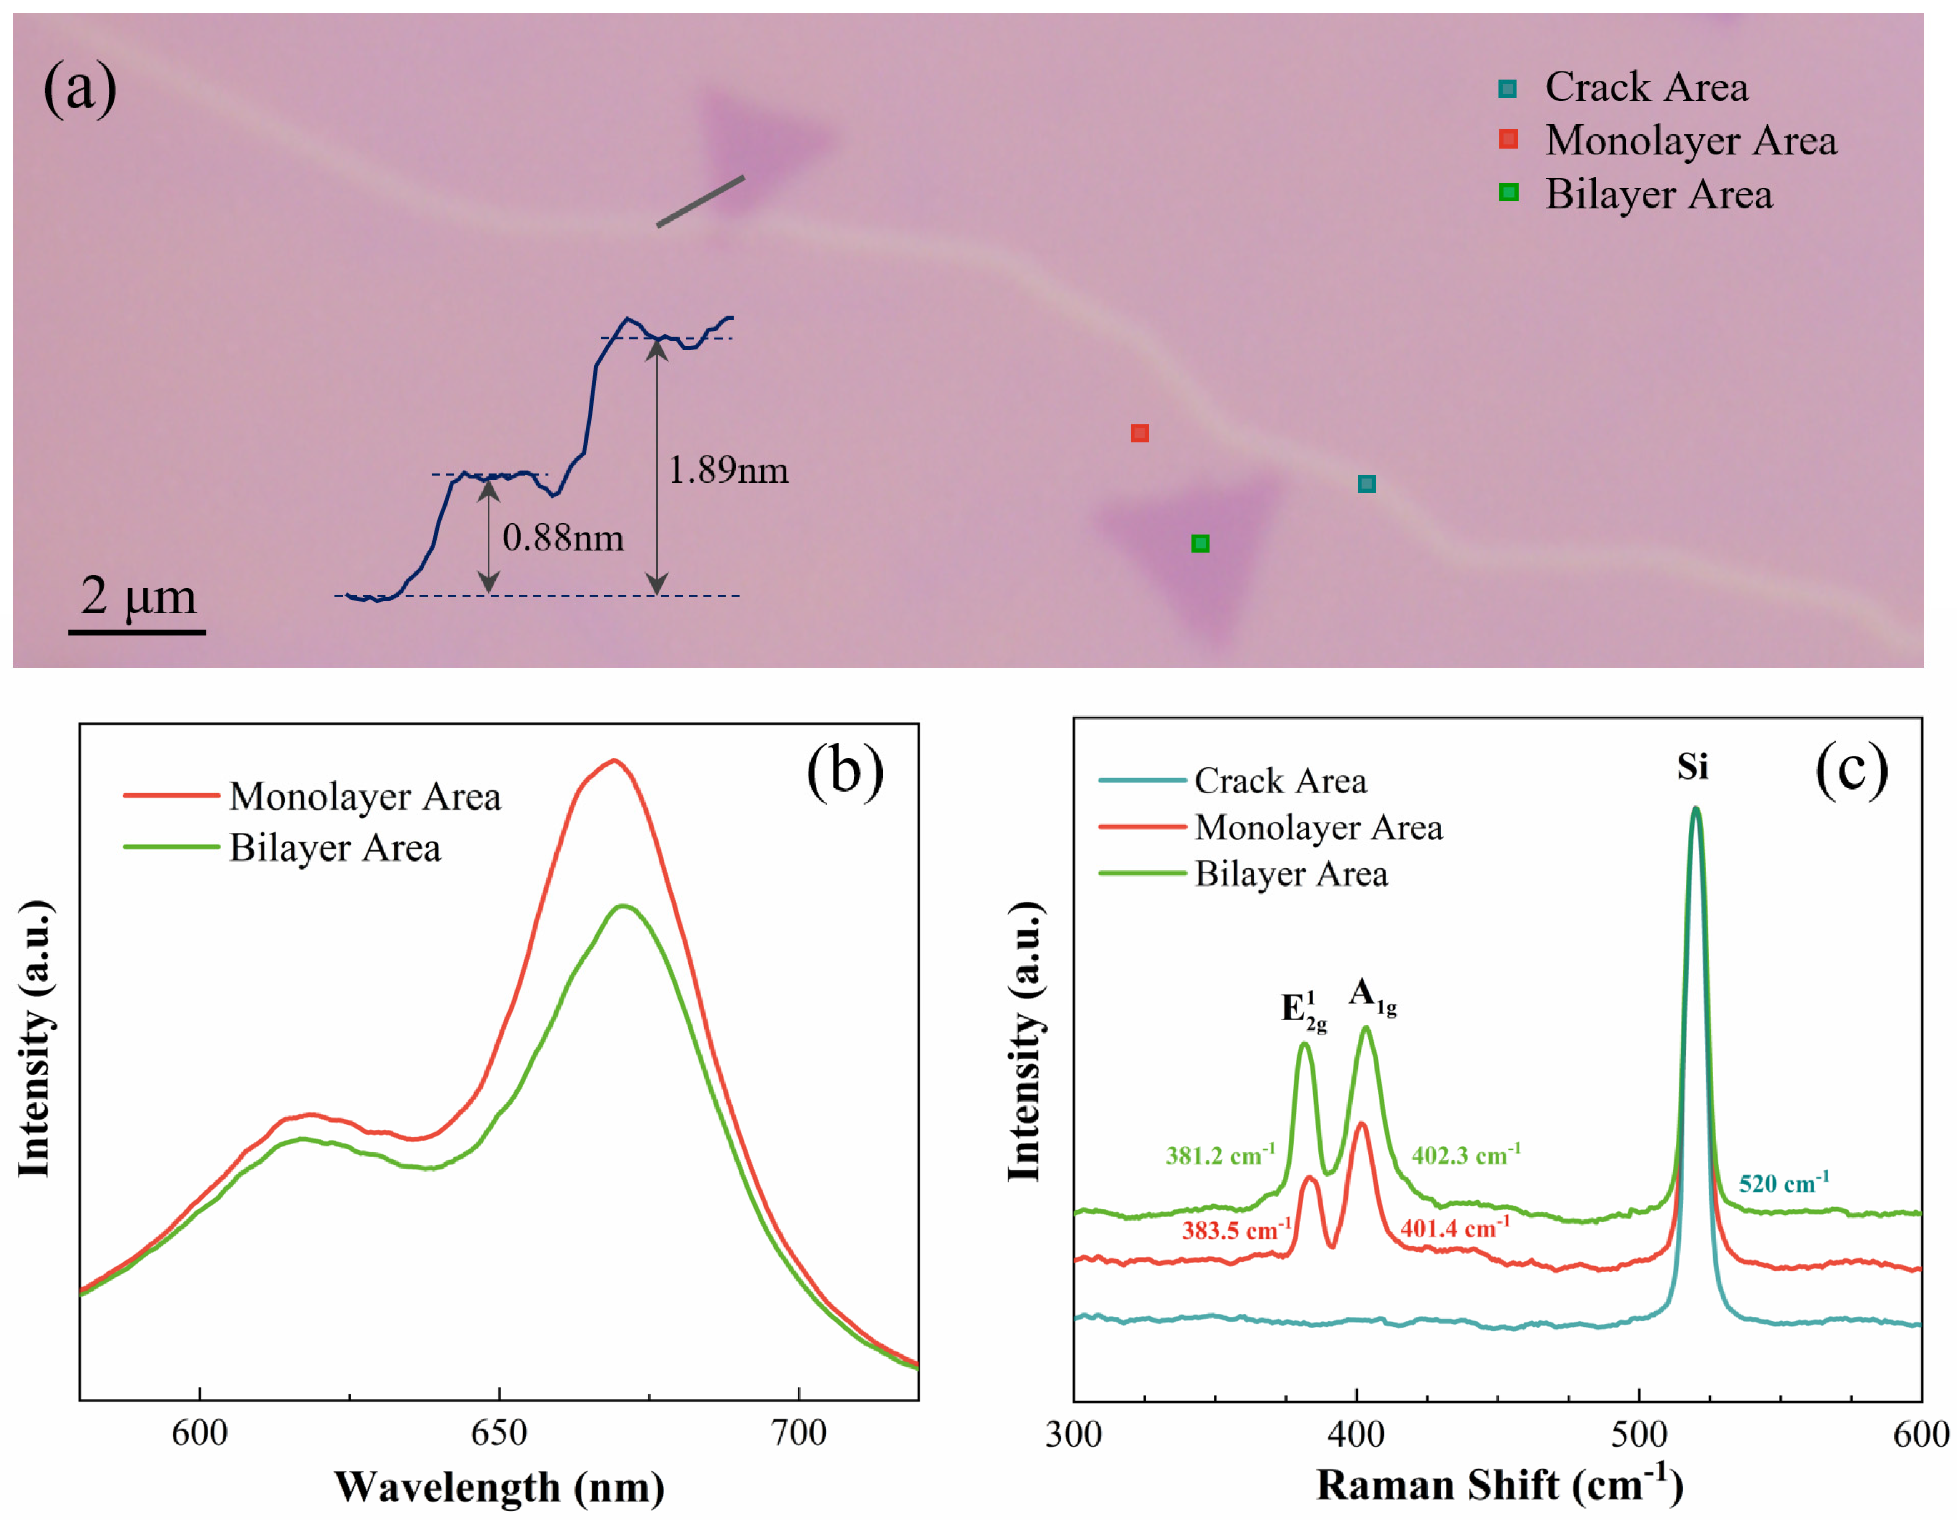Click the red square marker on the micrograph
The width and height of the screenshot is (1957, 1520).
[x=1139, y=433]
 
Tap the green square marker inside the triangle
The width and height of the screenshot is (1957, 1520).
[x=1200, y=543]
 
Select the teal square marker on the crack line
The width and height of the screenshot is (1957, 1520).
[x=1366, y=484]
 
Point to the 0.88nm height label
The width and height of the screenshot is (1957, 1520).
[x=563, y=538]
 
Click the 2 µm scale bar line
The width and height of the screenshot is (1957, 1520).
[x=136, y=632]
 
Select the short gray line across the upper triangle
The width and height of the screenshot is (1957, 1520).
[x=700, y=202]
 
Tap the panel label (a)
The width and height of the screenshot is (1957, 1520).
[x=80, y=87]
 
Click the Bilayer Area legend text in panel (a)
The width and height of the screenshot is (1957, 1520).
[x=1658, y=194]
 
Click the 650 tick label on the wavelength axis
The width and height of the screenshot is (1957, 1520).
[x=498, y=1433]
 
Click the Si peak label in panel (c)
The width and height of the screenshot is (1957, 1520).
[x=1693, y=767]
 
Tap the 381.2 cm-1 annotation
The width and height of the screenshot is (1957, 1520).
[x=1219, y=1155]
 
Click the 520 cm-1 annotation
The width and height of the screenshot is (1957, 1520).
[x=1783, y=1183]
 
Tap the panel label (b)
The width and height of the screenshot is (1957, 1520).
[x=844, y=771]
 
